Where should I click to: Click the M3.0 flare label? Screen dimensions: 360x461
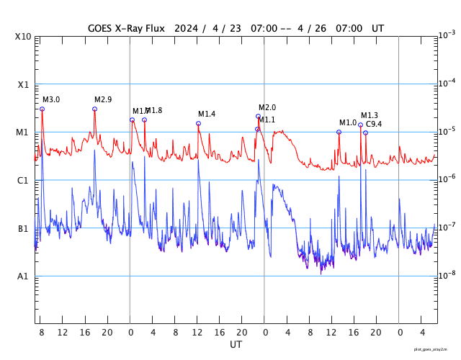coord(51,99)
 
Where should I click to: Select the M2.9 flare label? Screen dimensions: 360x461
coord(103,99)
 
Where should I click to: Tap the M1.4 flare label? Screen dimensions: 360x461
coord(207,114)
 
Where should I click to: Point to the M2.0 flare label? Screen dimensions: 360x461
coord(267,107)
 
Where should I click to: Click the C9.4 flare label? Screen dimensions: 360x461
coord(374,125)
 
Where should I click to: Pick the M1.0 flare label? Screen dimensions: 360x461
coord(348,122)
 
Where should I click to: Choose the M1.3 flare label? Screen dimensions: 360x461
coord(370,115)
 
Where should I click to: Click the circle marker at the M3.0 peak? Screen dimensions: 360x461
coord(42,109)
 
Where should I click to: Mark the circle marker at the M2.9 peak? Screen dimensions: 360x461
coord(94,109)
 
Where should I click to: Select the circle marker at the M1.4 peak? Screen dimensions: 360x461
coord(198,123)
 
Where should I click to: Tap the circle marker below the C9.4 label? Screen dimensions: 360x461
coord(365,132)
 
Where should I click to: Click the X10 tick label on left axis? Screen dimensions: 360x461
coord(24,37)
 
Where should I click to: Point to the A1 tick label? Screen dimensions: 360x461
coord(23,276)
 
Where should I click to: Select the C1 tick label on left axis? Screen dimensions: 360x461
coord(23,181)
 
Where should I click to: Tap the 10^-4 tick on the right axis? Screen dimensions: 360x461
coord(447,83)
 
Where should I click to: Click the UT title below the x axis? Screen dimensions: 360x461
coord(236,345)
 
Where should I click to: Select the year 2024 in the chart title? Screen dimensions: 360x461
coord(184,28)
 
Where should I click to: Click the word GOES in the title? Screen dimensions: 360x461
coord(102,28)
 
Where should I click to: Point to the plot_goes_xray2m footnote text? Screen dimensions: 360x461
coord(435,348)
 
